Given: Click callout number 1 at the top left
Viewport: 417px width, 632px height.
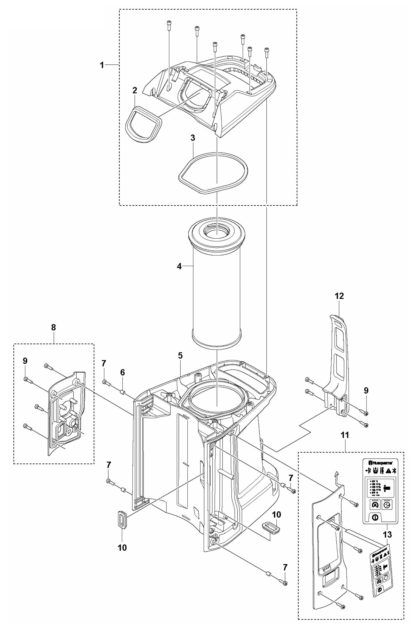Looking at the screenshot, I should (102, 65).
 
